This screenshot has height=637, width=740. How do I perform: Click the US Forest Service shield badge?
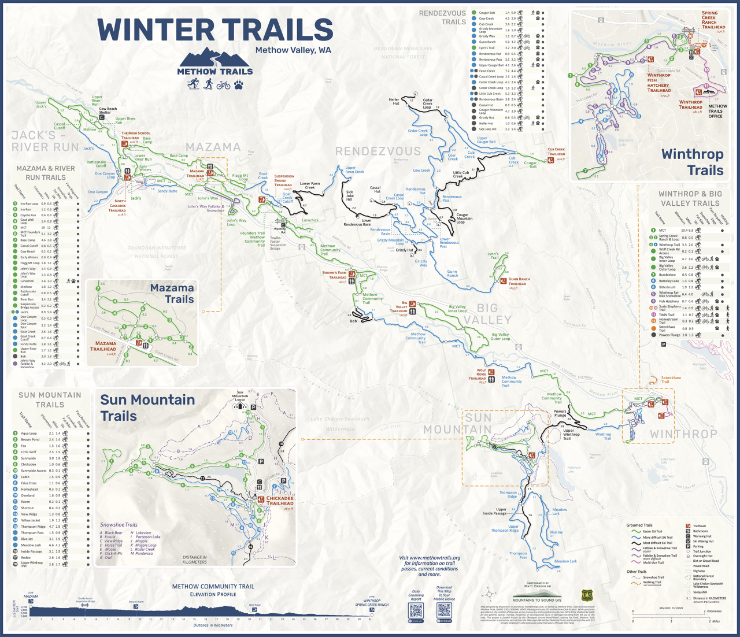coord(587,596)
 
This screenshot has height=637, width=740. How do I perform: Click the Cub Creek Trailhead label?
coord(556,151)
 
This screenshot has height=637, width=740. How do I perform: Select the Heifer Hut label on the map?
coord(394,102)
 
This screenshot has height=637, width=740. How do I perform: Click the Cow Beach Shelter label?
coord(108,110)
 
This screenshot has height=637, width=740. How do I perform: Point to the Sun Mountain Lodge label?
coord(240,396)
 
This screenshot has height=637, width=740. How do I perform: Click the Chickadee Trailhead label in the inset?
coord(280,501)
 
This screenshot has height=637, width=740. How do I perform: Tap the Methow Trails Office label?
coord(717,111)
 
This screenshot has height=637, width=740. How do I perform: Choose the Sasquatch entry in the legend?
coord(700,592)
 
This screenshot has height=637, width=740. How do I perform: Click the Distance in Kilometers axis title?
coord(213,625)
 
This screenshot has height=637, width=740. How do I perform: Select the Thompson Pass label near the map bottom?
coord(518,555)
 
